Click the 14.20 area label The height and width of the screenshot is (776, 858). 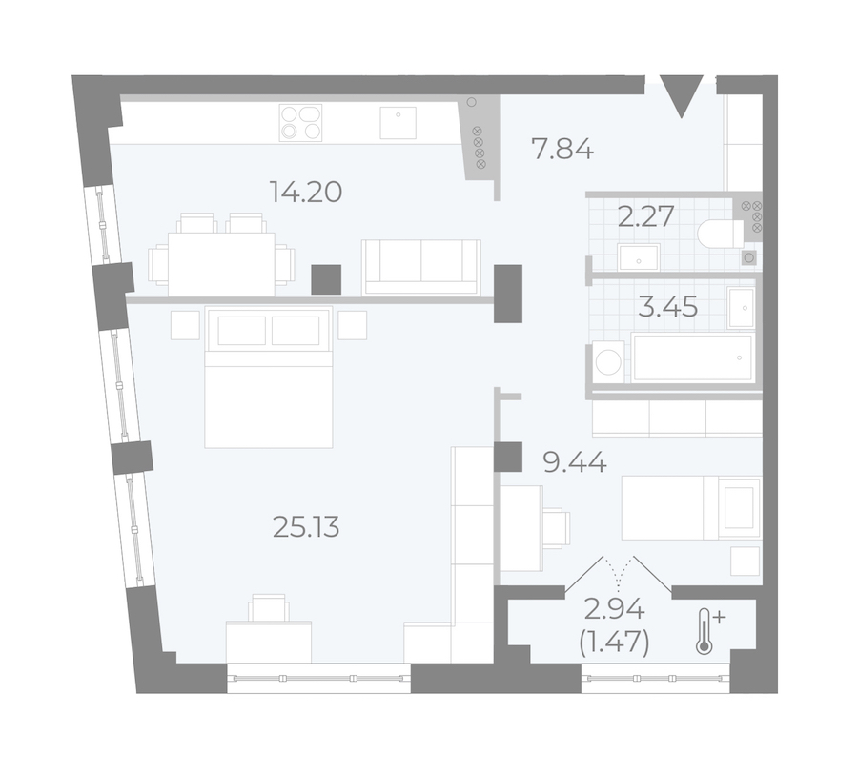pos(306,192)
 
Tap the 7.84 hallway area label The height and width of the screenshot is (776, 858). pos(562,149)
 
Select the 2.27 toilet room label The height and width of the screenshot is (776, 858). pos(645,216)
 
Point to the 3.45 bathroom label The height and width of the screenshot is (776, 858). pos(668,306)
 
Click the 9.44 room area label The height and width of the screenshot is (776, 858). pos(575,463)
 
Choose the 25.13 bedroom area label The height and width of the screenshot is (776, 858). pos(306,527)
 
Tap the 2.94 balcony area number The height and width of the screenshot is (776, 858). pos(615,609)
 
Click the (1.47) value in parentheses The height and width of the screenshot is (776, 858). pos(615,642)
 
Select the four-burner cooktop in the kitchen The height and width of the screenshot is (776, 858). pos(300,123)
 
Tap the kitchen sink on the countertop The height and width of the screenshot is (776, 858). pos(398,123)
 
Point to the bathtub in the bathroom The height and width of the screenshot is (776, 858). pos(692,357)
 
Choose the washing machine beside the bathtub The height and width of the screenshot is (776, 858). pos(608,361)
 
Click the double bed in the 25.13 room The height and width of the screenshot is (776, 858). pos(269,378)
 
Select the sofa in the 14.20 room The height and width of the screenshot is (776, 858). pos(420,268)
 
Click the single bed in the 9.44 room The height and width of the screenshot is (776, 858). pos(691,508)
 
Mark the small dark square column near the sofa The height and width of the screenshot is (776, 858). pos(326,279)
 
